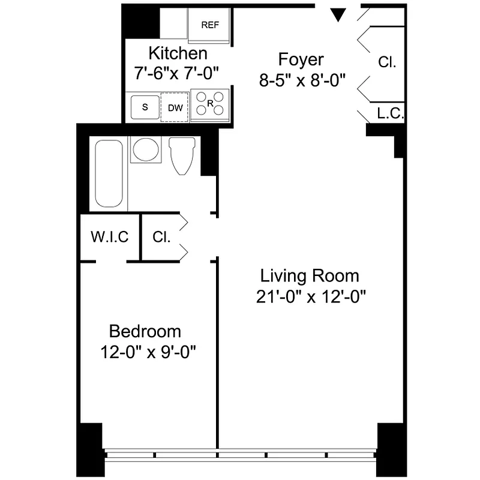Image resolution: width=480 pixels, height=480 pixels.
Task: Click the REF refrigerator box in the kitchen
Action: pos(209,25)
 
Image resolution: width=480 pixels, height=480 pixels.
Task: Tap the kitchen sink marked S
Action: pos(145,107)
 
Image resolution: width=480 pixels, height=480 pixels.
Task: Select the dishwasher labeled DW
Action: pos(175,107)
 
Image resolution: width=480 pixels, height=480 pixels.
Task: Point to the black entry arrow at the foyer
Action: pos(339,15)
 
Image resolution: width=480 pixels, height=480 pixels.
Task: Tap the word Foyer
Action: pos(301,60)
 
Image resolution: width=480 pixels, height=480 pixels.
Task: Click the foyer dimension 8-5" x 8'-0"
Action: pos(303,80)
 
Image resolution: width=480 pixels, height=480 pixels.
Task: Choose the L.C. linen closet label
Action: pos(391,112)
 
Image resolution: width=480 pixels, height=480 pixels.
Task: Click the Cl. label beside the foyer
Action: pos(387,61)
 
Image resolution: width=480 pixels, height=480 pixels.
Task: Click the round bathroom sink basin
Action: pos(145,150)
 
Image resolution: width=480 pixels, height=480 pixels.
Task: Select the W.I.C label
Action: pos(110,237)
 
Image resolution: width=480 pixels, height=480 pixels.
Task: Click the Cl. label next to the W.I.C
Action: pos(161,237)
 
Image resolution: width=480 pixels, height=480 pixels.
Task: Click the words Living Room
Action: pos(309,276)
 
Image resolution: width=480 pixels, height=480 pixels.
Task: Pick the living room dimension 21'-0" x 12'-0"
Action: pos(311,296)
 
